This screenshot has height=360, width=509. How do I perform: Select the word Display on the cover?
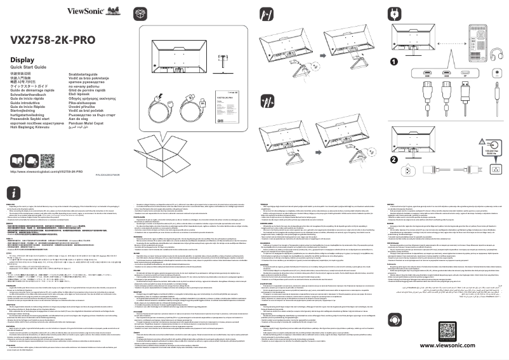pos(22,60)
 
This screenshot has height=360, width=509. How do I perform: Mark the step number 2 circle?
pos(393,159)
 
